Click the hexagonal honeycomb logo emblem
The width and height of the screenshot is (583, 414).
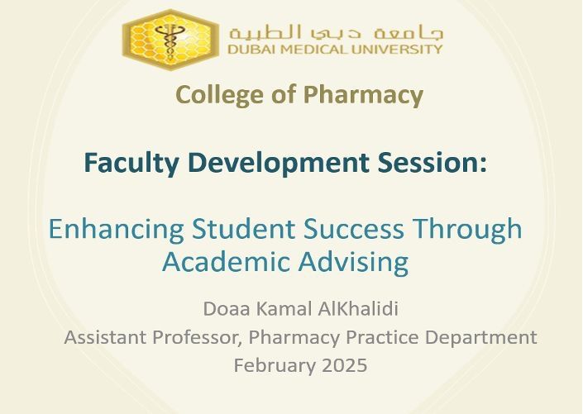click(170, 40)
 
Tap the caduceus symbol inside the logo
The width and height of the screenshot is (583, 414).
click(170, 41)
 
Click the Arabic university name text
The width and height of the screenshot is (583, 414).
click(336, 33)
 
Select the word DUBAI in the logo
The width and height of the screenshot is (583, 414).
click(246, 49)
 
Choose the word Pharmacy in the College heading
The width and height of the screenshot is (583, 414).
click(363, 95)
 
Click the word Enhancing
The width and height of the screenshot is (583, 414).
click(116, 229)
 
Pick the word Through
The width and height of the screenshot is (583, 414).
click(468, 229)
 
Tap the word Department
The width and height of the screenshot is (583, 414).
click(480, 337)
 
